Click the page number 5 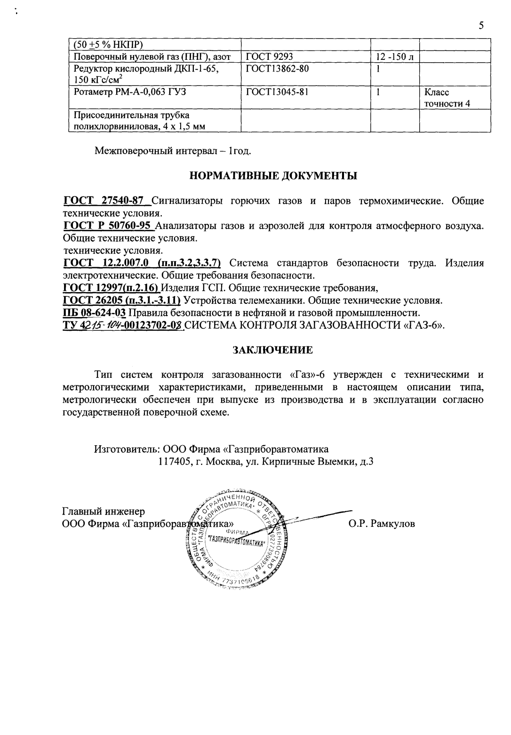pyautogui.click(x=481, y=26)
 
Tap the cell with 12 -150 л pyautogui.click(x=394, y=57)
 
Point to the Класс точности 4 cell pyautogui.click(x=447, y=98)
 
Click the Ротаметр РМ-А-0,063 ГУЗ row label pyautogui.click(x=130, y=92)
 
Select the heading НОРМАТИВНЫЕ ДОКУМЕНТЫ pyautogui.click(x=273, y=176)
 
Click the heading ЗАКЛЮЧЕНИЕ pyautogui.click(x=273, y=350)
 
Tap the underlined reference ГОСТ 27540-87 pyautogui.click(x=107, y=201)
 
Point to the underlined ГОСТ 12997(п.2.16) pyautogui.click(x=112, y=288)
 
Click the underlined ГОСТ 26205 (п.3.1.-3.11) pyautogui.click(x=122, y=301)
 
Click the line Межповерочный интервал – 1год pyautogui.click(x=173, y=151)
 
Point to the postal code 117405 pyautogui.click(x=175, y=462)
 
